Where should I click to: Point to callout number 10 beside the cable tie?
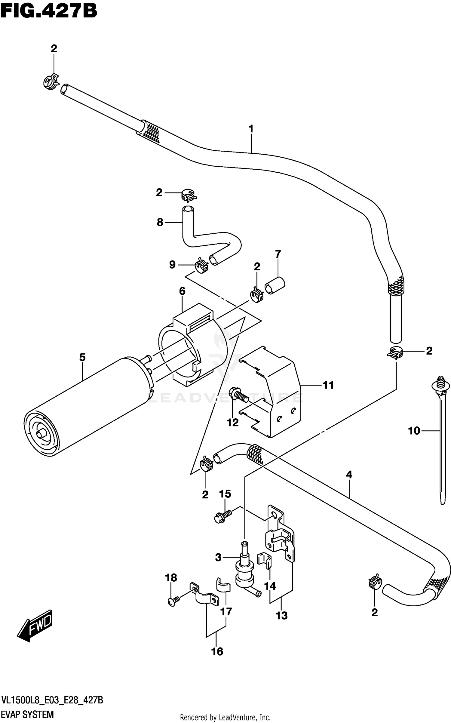click(x=414, y=431)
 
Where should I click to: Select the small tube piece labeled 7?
click(x=275, y=286)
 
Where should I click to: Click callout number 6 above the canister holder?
click(x=182, y=291)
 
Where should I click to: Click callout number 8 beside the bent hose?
click(x=160, y=222)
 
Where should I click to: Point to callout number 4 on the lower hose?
click(x=349, y=475)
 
